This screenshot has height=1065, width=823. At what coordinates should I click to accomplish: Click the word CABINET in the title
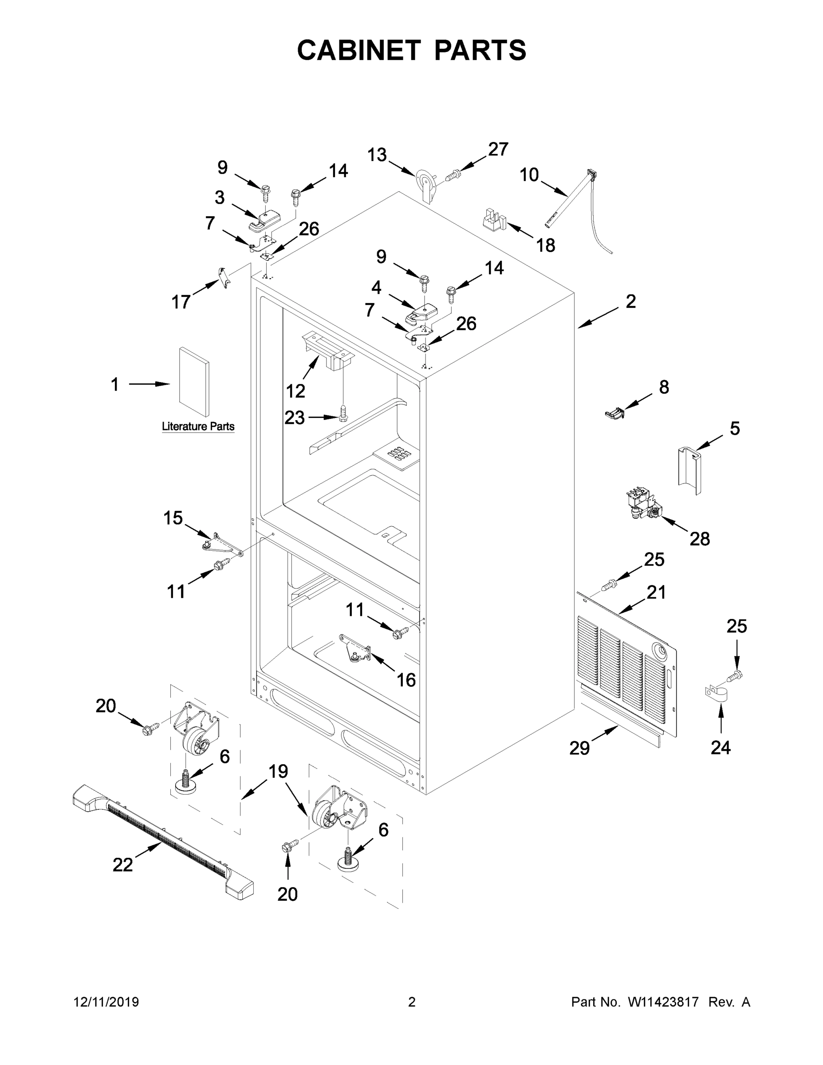(x=359, y=50)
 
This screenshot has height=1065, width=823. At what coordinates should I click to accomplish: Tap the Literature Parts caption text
(x=198, y=427)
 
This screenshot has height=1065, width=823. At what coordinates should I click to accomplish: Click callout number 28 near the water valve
(x=699, y=539)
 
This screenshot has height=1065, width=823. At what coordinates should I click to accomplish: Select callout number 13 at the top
(x=377, y=155)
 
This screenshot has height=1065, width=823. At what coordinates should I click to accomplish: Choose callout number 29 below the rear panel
(x=580, y=748)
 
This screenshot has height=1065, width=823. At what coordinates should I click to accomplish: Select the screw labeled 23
(x=343, y=414)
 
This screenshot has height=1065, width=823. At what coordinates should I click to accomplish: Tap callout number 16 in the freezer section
(x=406, y=679)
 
